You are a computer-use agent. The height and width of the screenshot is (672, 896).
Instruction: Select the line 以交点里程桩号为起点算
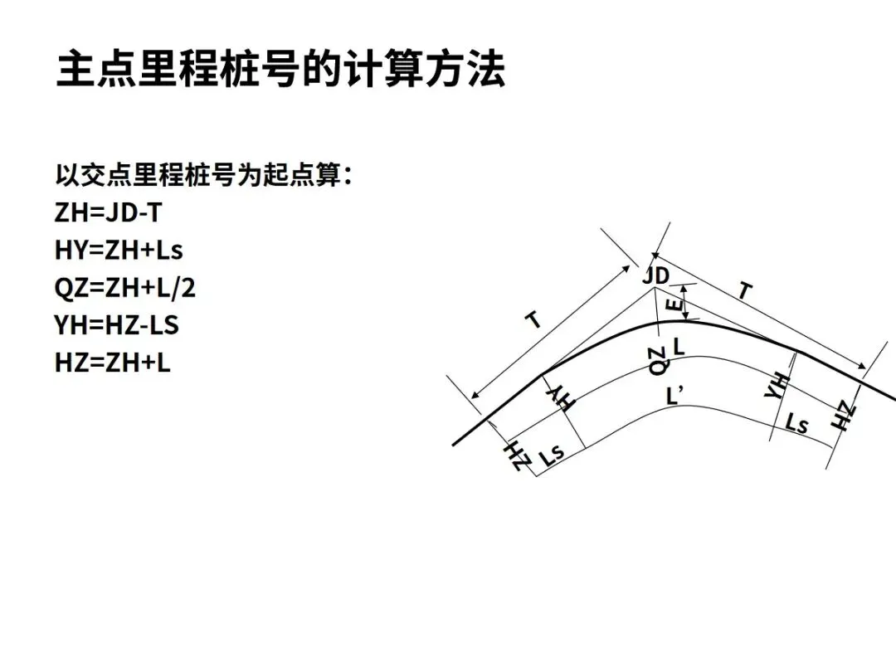(x=203, y=176)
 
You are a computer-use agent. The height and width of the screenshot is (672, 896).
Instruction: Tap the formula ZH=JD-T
(x=108, y=213)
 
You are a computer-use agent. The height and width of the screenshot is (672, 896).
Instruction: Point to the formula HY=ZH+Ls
(x=119, y=250)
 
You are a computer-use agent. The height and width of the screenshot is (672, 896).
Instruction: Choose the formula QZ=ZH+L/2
(x=125, y=288)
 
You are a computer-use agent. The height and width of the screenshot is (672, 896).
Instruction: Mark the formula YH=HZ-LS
(x=117, y=325)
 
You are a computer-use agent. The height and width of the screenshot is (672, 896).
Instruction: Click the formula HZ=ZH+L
(x=113, y=363)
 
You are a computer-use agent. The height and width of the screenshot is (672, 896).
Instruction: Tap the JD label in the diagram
(x=655, y=276)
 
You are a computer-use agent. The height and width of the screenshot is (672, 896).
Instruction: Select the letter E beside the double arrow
(x=674, y=309)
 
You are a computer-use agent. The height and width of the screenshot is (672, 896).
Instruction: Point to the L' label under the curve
(x=675, y=396)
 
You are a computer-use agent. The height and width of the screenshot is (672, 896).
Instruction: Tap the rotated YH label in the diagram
(x=776, y=385)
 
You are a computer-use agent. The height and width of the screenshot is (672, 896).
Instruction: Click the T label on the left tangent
(x=535, y=319)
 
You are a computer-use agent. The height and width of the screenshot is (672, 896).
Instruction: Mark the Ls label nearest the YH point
(x=796, y=425)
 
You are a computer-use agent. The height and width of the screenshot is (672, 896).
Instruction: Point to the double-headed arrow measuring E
(x=684, y=302)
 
